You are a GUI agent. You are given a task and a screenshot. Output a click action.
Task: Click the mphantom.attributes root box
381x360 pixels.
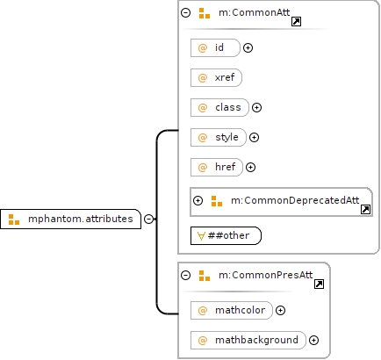tap(70, 219)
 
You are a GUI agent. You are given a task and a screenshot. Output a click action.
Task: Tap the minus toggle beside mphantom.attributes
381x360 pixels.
tap(149, 219)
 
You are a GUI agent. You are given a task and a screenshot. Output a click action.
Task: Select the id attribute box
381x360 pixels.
tap(215, 47)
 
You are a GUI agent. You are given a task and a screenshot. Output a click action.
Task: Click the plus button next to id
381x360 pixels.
tap(248, 47)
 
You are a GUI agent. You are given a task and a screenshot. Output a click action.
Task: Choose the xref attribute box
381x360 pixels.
tap(216, 77)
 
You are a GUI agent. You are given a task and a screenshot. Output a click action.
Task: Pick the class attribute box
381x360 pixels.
tap(219, 107)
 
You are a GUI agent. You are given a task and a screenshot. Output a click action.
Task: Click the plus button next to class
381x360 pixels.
tap(256, 107)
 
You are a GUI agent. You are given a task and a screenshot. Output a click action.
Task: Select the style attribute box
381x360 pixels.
tap(219, 137)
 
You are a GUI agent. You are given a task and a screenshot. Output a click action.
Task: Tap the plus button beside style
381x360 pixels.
tap(254, 137)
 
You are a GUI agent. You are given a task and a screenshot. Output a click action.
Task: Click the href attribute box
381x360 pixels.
tap(217, 167)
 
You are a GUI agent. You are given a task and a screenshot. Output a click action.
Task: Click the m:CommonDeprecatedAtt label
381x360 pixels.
tap(295, 200)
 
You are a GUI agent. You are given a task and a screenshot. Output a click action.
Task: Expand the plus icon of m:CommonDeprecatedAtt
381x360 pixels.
tap(198, 200)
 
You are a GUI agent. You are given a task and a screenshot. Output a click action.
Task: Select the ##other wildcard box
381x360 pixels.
tap(226, 235)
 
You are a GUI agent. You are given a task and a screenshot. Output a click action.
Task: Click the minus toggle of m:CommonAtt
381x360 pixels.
tap(186, 12)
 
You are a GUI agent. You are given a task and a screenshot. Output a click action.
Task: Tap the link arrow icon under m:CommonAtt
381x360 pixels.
tap(297, 21)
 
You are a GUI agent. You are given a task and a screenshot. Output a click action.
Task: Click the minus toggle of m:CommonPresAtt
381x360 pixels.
tap(186, 275)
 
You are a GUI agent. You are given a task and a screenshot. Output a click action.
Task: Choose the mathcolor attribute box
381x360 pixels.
tap(232, 310)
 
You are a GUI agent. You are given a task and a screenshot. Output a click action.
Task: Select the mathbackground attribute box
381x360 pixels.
tap(248, 340)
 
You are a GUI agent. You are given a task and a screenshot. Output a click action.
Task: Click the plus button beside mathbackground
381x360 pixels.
tap(314, 340)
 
